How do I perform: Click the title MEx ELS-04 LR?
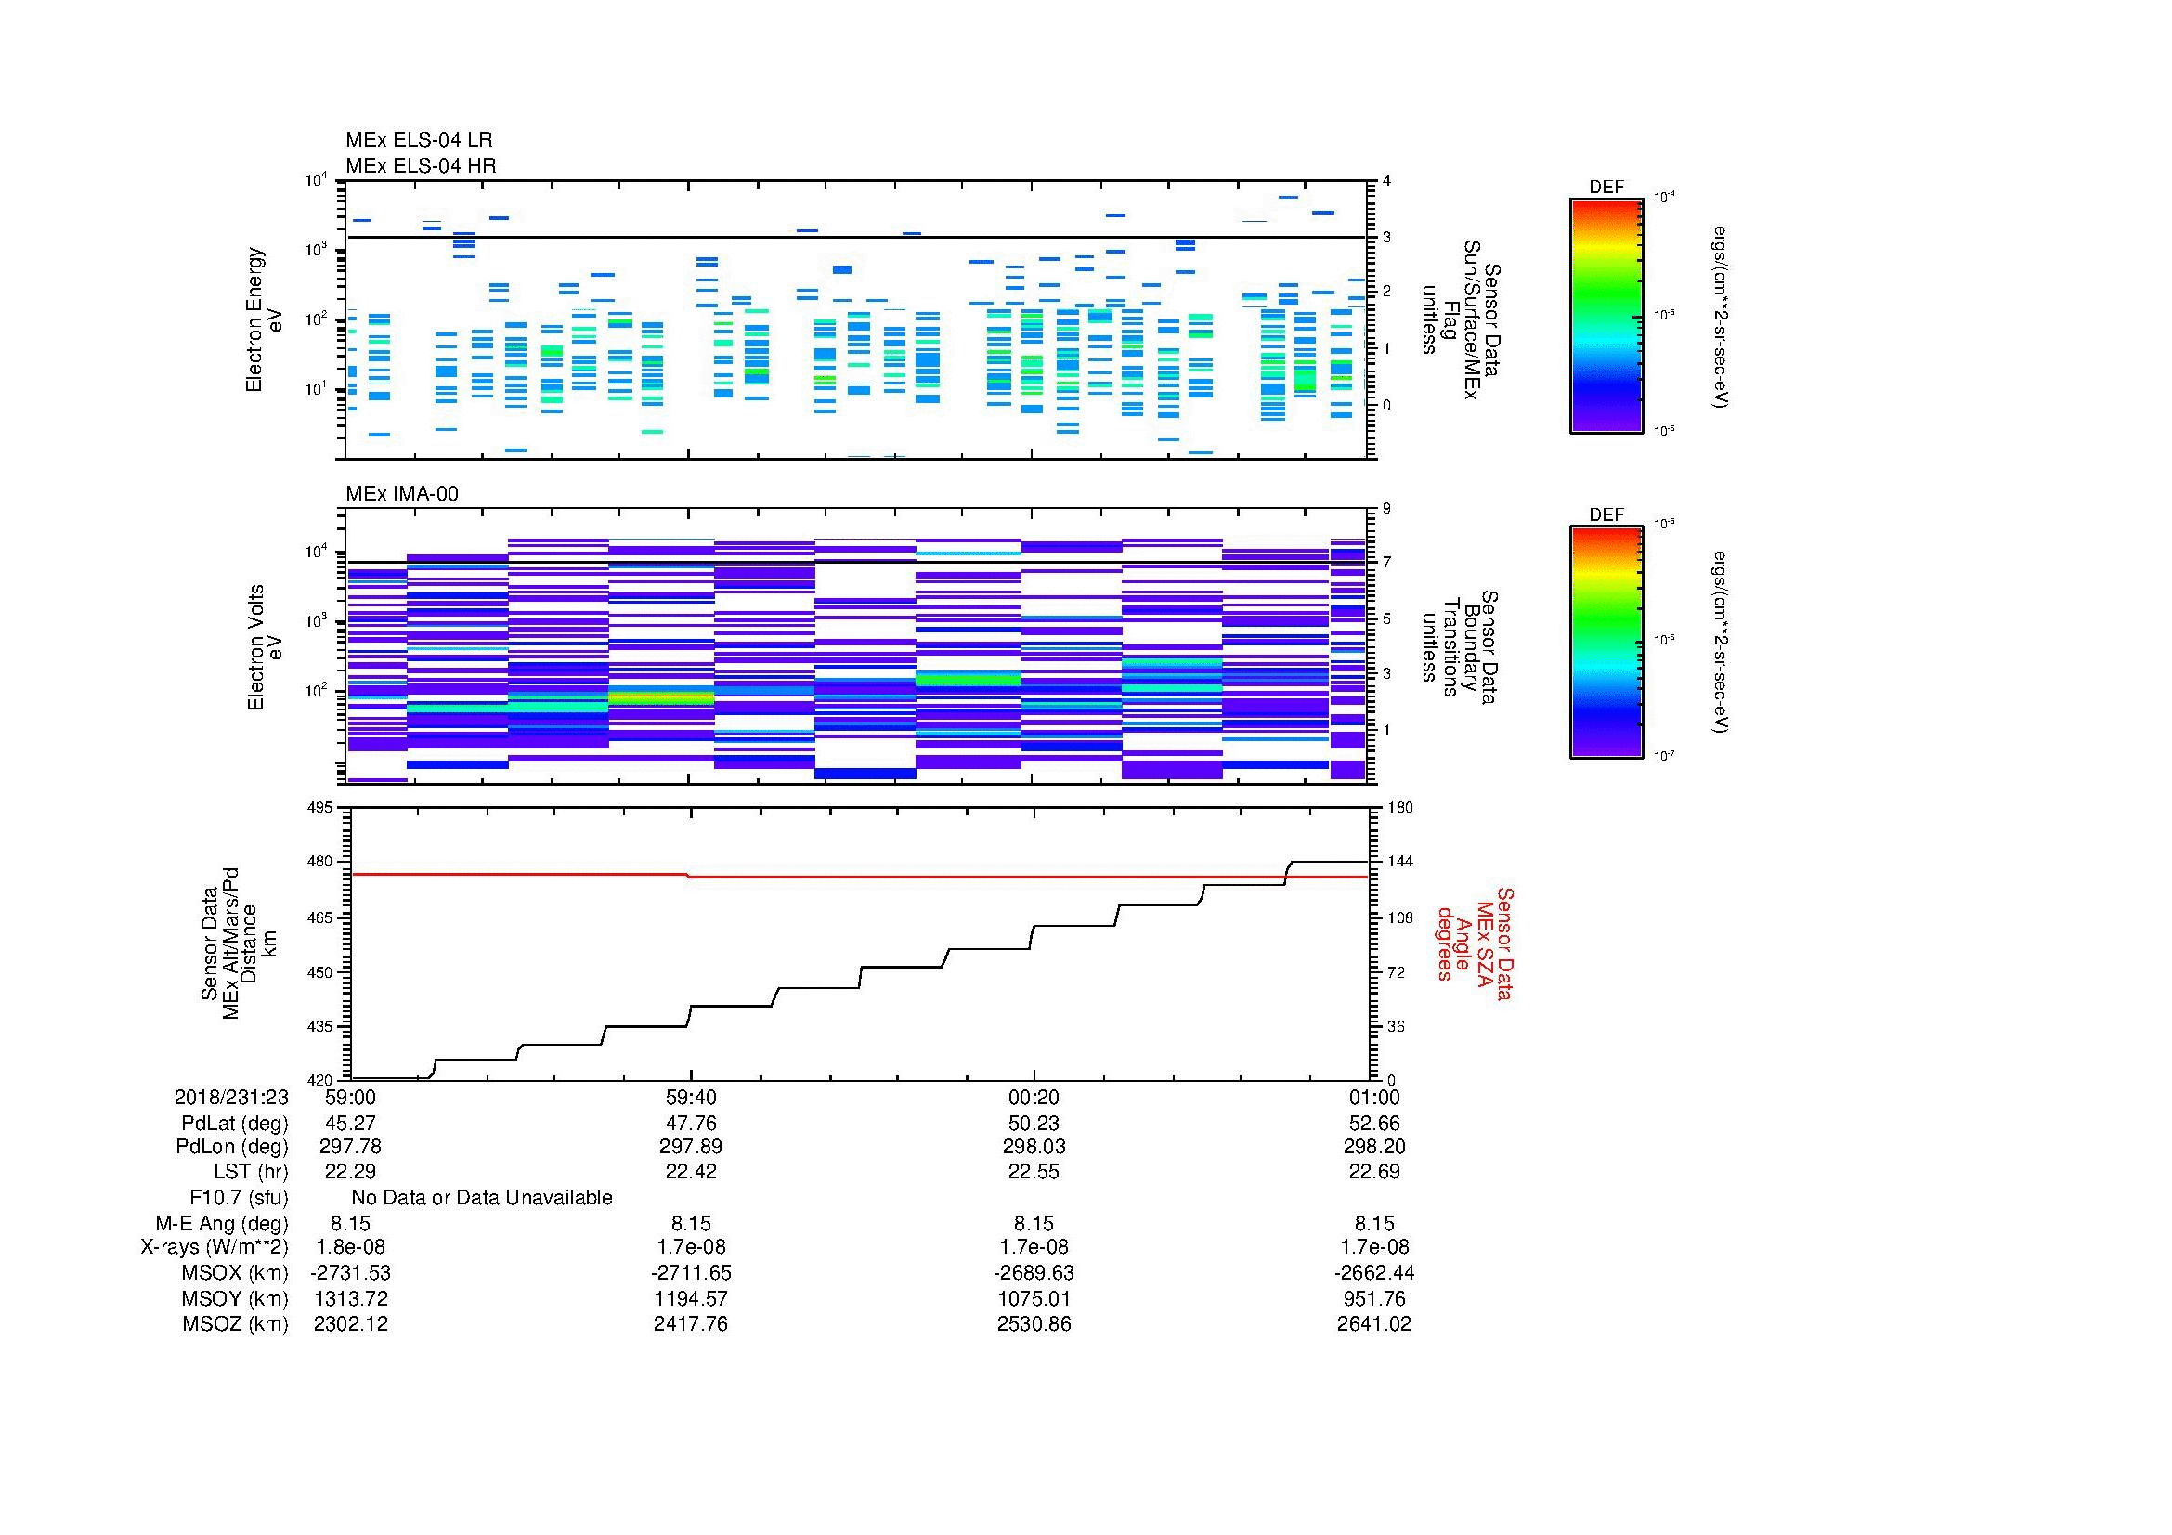click(418, 140)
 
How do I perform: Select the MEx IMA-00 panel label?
click(401, 494)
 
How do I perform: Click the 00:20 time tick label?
click(1033, 1097)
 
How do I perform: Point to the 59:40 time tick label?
click(691, 1097)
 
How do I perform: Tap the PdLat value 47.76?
click(691, 1124)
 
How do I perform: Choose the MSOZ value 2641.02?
click(1373, 1324)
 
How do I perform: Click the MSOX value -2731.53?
click(350, 1273)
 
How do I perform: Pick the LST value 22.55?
click(1033, 1172)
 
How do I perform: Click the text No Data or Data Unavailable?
click(482, 1198)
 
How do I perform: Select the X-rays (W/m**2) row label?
click(214, 1247)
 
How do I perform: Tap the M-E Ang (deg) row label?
click(221, 1223)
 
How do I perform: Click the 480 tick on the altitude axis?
click(320, 862)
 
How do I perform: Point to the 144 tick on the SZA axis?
click(1400, 862)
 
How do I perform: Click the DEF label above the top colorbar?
click(1606, 188)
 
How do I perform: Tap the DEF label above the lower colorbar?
click(1606, 514)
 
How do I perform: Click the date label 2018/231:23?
click(231, 1097)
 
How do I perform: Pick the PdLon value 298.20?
click(1373, 1147)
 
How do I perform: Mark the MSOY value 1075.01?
click(1033, 1298)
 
